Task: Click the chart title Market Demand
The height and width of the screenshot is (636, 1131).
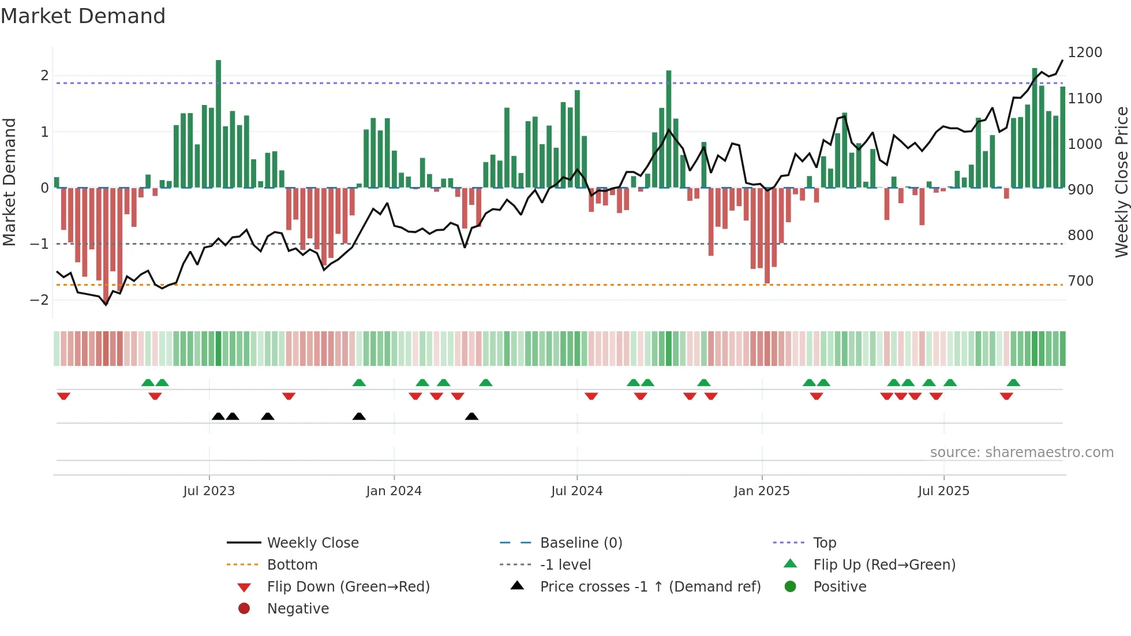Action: [x=83, y=16]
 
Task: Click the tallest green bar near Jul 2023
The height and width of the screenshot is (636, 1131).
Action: [x=218, y=124]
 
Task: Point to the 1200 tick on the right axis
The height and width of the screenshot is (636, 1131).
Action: [x=1084, y=53]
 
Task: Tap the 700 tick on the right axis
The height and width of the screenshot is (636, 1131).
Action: [x=1080, y=281]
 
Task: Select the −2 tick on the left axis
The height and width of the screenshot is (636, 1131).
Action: [x=40, y=300]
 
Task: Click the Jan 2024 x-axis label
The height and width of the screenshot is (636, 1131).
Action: [x=394, y=491]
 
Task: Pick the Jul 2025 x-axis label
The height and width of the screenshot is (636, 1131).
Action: [x=943, y=491]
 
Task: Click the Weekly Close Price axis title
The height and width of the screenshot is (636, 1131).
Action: [x=1121, y=182]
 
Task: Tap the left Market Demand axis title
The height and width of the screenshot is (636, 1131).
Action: [x=10, y=182]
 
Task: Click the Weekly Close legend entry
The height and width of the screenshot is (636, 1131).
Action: [x=312, y=543]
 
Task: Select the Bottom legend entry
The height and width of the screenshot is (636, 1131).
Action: [x=292, y=565]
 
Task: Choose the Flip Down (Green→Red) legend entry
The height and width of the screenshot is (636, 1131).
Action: [x=348, y=587]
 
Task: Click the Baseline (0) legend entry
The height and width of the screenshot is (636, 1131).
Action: [x=581, y=543]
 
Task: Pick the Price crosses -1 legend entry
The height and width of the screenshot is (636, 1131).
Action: [x=650, y=587]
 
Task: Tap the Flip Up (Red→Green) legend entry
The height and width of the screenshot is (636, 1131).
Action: [x=884, y=565]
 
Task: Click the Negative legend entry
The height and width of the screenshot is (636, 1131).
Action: [x=298, y=609]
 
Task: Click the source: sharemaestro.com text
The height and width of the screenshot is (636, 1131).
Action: [x=1021, y=452]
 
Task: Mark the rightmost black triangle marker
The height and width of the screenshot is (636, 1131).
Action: [x=471, y=417]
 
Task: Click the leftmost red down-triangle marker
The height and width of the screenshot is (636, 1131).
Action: [x=63, y=396]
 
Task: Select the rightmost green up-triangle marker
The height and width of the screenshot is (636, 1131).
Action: [x=1013, y=383]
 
